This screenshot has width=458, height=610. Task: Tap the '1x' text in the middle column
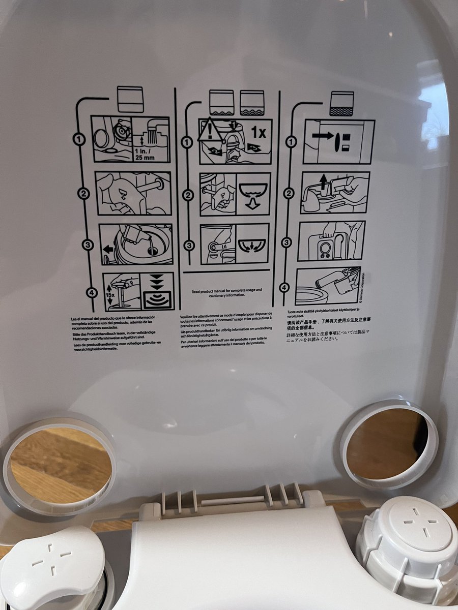pyautogui.click(x=259, y=134)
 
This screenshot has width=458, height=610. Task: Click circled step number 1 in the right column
pyautogui.click(x=291, y=142)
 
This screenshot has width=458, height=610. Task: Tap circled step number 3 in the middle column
pyautogui.click(x=189, y=246)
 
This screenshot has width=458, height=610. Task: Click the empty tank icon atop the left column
pyautogui.click(x=130, y=99)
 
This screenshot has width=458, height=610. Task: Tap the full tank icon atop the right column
pyautogui.click(x=341, y=104)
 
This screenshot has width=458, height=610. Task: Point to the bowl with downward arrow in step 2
pyautogui.click(x=253, y=194)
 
